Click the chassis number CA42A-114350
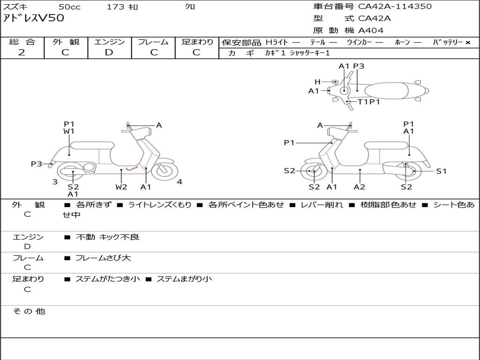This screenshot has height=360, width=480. click(395, 7)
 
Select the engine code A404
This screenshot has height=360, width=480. click(371, 30)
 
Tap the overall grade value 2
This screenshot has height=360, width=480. click(22, 52)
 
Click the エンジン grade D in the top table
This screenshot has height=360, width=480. click(109, 52)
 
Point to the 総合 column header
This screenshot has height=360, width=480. click(22, 42)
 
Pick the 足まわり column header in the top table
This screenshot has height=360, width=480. click(197, 42)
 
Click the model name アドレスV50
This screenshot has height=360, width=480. click(34, 18)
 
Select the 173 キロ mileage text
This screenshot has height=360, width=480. click(122, 7)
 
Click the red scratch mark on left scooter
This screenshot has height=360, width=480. click(133, 167)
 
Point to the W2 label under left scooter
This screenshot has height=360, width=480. click(121, 187)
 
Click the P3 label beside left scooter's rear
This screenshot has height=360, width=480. click(37, 164)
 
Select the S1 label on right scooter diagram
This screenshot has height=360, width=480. click(441, 171)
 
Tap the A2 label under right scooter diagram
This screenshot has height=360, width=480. click(360, 187)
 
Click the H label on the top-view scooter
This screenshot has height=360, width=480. click(317, 82)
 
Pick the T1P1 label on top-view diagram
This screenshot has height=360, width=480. click(369, 102)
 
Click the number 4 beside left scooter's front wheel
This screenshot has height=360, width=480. click(180, 182)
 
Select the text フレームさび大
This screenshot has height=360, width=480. click(103, 258)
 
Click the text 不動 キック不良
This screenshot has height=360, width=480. click(107, 237)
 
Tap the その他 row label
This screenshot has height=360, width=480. click(29, 311)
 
